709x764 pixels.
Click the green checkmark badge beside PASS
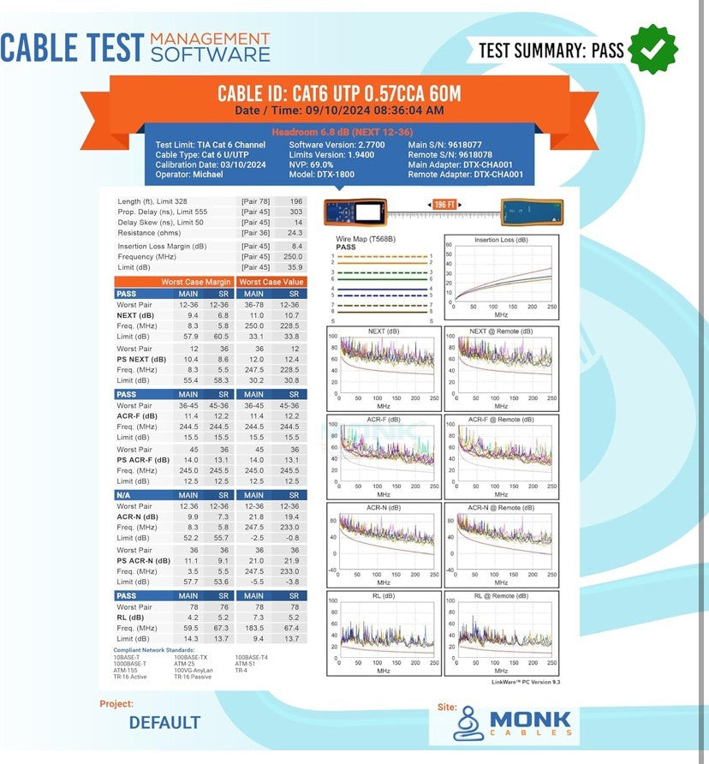tap(653, 50)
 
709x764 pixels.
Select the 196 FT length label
tap(444, 205)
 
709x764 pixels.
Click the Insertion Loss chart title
tap(501, 240)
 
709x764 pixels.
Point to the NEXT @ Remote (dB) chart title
tap(501, 331)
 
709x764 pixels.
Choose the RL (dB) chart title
tap(383, 595)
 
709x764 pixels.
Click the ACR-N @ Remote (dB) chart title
tap(501, 507)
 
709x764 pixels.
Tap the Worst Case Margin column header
tap(196, 282)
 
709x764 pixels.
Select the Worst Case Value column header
tap(271, 282)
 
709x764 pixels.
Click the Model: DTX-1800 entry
tap(323, 174)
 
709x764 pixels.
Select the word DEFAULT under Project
tap(164, 723)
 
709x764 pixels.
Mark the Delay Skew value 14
tap(297, 222)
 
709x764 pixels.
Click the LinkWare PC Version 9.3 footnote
tap(525, 682)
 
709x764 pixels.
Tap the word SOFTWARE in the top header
tap(210, 54)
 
